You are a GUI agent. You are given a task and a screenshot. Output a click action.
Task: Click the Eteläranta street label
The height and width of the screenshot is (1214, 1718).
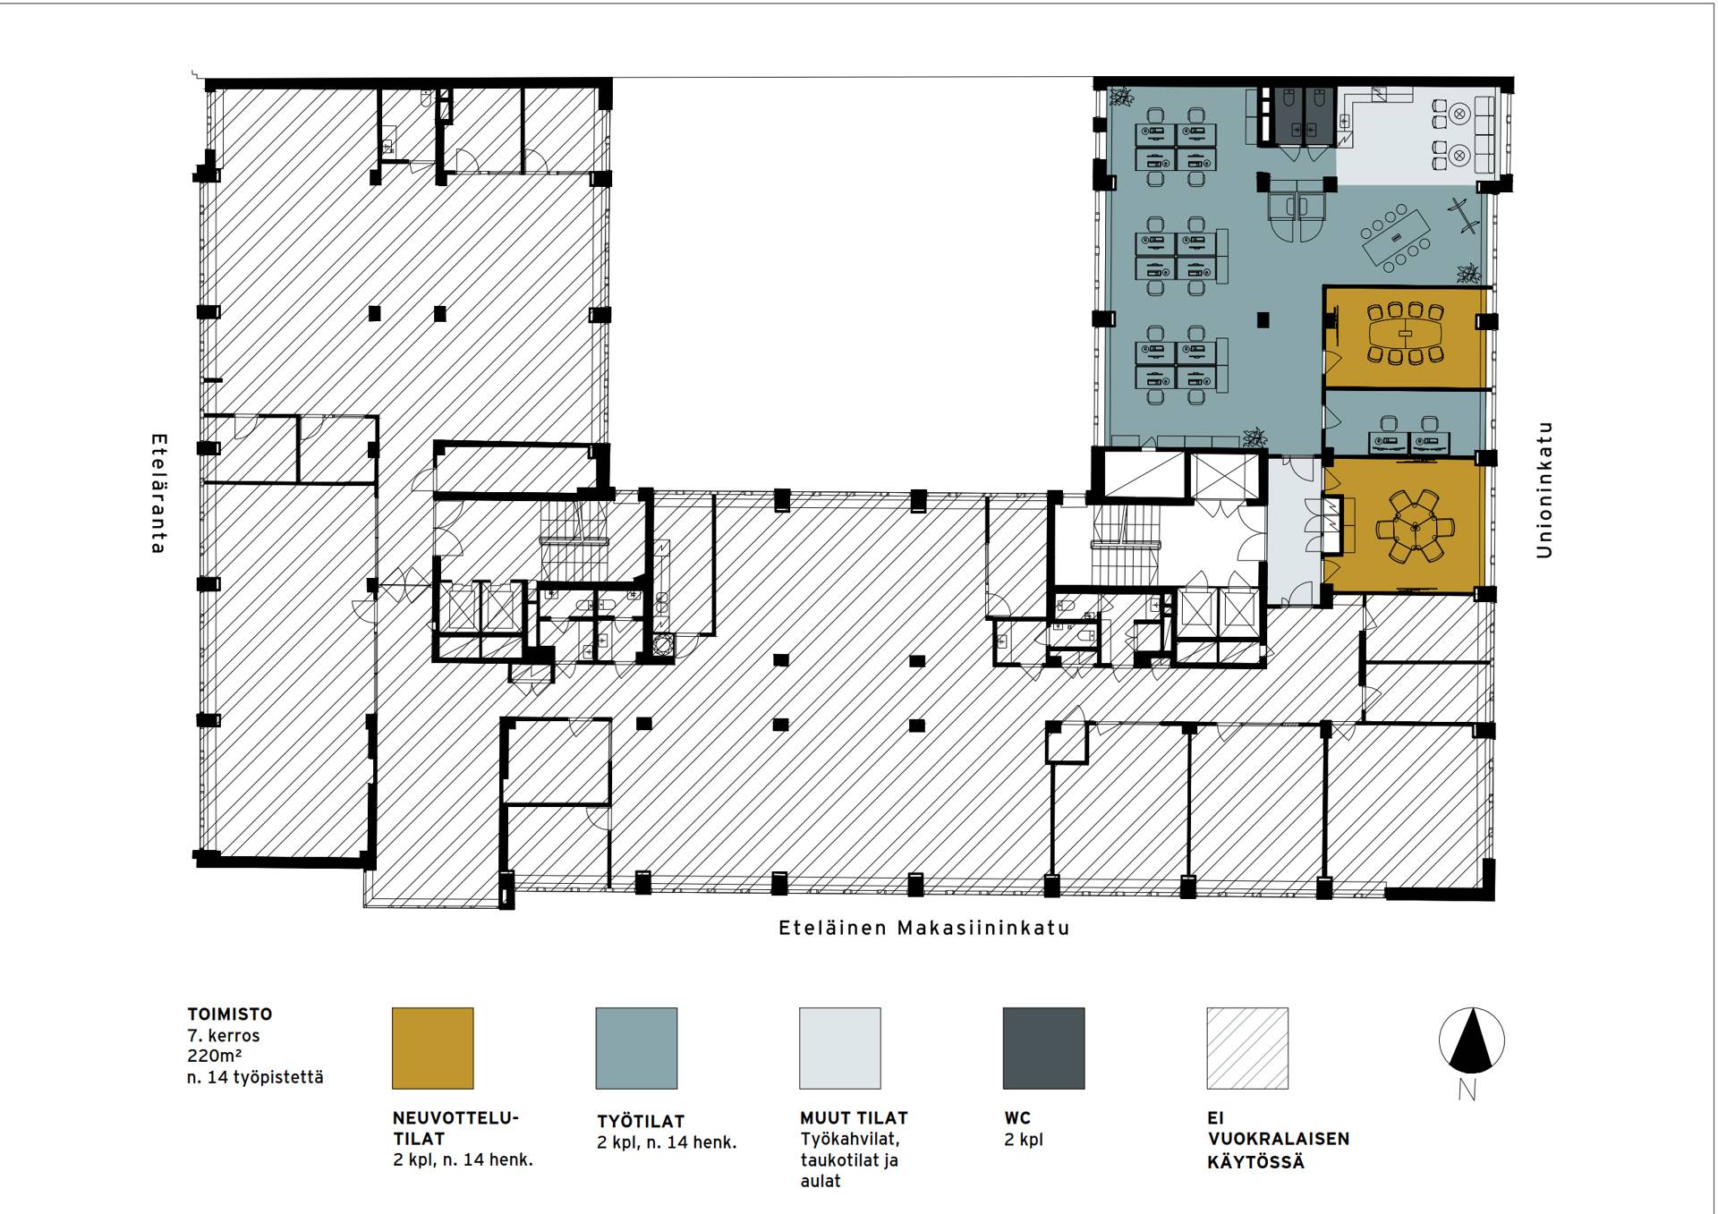158,494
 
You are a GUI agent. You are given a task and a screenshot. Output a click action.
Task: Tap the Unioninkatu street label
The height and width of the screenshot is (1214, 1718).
1544,490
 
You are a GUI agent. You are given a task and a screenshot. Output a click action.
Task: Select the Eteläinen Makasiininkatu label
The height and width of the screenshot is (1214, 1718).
924,928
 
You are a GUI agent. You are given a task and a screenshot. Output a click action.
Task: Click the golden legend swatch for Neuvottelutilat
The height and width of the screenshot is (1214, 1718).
433,1048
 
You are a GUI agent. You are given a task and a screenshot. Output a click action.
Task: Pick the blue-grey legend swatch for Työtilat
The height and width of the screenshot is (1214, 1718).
636,1048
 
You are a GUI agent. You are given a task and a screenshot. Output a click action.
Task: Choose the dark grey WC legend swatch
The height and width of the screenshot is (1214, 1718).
1043,1048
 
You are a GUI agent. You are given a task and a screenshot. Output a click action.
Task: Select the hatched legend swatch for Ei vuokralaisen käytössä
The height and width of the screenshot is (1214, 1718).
1247,1048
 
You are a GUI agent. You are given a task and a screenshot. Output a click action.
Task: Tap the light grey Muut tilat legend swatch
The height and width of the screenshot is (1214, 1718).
840,1048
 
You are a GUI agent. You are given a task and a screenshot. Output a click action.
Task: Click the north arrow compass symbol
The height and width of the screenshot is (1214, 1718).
1471,1041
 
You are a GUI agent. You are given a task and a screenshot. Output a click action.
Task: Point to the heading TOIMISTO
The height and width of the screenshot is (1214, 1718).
230,1014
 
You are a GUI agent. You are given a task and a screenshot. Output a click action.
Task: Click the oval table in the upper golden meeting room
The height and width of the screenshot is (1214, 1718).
1406,334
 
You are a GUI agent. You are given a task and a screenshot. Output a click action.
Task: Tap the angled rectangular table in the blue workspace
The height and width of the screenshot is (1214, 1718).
1395,237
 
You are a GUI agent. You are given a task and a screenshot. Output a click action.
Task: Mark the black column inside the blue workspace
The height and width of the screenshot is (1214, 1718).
1263,319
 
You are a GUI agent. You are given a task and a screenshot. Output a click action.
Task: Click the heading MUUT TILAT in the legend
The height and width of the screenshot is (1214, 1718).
854,1118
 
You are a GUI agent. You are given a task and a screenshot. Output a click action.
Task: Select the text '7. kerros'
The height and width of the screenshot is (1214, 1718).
224,1036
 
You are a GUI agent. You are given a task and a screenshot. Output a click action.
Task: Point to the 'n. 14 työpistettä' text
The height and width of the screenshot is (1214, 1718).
255,1077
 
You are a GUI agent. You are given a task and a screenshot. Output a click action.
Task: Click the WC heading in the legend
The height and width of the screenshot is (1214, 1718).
1017,1118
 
